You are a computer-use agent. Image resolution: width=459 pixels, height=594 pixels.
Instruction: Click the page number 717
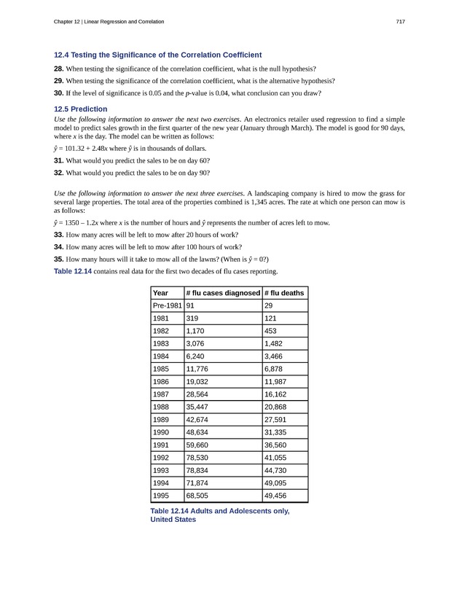click(x=400, y=22)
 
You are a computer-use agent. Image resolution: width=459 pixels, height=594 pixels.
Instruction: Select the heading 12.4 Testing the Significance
click(x=158, y=55)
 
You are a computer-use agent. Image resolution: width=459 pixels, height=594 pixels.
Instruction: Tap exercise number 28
click(x=59, y=69)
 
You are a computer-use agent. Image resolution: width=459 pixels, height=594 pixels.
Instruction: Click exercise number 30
click(x=59, y=93)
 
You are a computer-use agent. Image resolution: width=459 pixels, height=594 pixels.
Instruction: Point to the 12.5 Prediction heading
click(x=81, y=109)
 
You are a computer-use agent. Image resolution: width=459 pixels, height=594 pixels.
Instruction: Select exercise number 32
click(x=59, y=173)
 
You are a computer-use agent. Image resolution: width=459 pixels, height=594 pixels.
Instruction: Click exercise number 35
click(x=59, y=259)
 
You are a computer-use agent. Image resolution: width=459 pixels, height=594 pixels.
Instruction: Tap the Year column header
click(x=160, y=293)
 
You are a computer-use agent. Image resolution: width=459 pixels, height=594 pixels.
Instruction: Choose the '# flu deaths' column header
click(x=285, y=293)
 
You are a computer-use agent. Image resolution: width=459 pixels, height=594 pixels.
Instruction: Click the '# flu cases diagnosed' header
click(x=223, y=293)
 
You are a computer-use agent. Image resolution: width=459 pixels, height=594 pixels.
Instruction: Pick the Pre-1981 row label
click(x=167, y=306)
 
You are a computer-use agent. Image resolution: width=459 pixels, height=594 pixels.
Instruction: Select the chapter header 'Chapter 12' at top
click(x=109, y=22)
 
